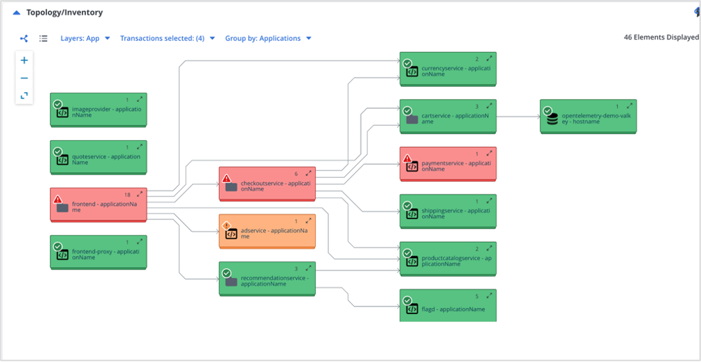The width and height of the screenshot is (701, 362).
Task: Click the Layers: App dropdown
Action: [x=85, y=38]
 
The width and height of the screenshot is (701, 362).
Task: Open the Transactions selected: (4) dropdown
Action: [x=167, y=38]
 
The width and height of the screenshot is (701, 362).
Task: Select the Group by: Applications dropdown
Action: [x=268, y=38]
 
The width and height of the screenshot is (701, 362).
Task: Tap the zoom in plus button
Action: [x=24, y=60]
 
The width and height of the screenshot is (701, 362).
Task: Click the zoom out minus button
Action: [x=24, y=78]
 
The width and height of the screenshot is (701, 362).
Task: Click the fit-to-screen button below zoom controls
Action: [x=24, y=96]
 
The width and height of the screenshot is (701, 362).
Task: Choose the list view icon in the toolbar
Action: [x=44, y=38]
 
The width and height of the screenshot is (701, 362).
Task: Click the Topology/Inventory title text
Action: [x=64, y=12]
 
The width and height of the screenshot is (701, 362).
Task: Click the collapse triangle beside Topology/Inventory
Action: [x=17, y=12]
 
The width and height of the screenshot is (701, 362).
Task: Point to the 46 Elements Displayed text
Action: [x=661, y=37]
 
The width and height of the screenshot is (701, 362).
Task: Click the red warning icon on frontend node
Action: [x=57, y=200]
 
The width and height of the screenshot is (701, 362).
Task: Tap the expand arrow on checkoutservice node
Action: [x=308, y=173]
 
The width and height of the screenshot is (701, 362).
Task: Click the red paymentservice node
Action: [x=447, y=165]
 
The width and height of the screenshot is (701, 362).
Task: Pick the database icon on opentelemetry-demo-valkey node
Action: [x=552, y=119]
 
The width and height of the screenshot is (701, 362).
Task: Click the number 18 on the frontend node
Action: [x=127, y=195]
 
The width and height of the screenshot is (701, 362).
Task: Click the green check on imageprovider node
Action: [x=57, y=104]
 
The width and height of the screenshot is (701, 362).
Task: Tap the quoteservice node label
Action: [x=106, y=160]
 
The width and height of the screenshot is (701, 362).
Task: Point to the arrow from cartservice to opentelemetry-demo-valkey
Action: [x=518, y=116]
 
